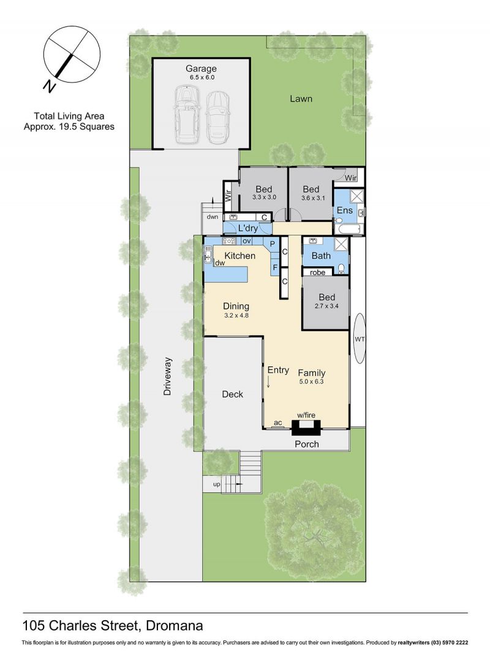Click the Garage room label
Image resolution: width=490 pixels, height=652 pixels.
201,69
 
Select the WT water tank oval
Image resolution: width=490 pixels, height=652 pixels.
360,339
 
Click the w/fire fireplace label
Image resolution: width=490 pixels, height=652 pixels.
306,415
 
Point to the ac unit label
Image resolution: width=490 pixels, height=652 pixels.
277,423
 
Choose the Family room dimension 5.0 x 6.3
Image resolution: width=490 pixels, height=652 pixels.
311,381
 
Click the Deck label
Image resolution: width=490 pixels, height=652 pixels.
232,394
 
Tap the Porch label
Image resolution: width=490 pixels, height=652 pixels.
307,444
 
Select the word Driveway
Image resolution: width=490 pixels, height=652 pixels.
167,376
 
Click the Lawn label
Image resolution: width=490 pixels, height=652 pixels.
301,98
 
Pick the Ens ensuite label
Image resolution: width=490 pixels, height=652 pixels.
345,210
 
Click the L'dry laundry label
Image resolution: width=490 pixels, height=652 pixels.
248,228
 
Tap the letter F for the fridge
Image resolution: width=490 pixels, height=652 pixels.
275,267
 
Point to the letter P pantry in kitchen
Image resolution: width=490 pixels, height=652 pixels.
273,244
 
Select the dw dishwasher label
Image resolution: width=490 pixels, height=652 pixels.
220,263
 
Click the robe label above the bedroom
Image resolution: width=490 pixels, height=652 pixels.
318,272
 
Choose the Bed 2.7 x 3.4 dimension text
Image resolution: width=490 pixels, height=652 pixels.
327,306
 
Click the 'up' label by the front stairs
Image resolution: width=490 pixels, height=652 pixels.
216,484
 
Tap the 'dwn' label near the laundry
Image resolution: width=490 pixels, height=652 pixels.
213,217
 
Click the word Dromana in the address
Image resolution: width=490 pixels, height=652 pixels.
176,625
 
